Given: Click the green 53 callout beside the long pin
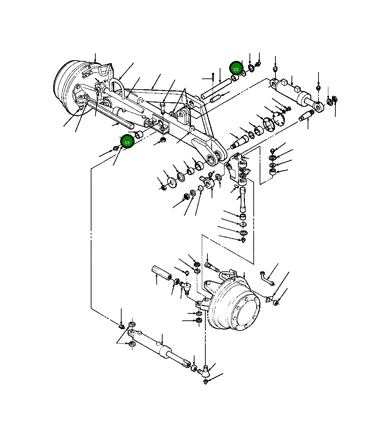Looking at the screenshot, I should [236, 69].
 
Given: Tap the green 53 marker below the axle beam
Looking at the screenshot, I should [127, 142].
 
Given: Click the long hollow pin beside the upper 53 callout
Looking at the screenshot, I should [216, 88].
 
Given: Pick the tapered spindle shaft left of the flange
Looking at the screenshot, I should [239, 141].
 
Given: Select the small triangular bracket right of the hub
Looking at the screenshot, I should [269, 299].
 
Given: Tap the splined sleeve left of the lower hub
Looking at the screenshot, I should [162, 273].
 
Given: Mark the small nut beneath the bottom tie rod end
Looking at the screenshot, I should [206, 381].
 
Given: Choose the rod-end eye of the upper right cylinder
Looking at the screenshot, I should [319, 107].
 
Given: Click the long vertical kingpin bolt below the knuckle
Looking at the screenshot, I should [242, 200].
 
